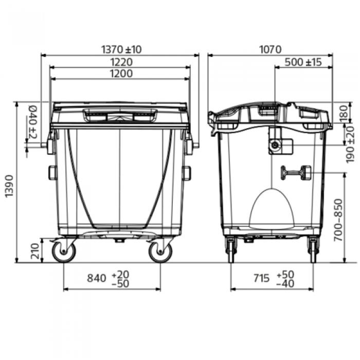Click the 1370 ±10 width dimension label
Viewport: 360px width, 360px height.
coord(121,49)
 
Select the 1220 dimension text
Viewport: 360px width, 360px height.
coord(121,62)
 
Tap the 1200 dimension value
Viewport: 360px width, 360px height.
coord(121,74)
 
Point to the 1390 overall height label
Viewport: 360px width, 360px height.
coord(9,186)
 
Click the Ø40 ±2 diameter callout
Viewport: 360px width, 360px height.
coord(32,122)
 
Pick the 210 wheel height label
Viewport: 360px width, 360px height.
coord(35,251)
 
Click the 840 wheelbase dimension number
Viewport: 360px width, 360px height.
coord(97,278)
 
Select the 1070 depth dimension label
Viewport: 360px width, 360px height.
coord(270,49)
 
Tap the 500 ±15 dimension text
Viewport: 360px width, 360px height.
coord(303,62)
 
